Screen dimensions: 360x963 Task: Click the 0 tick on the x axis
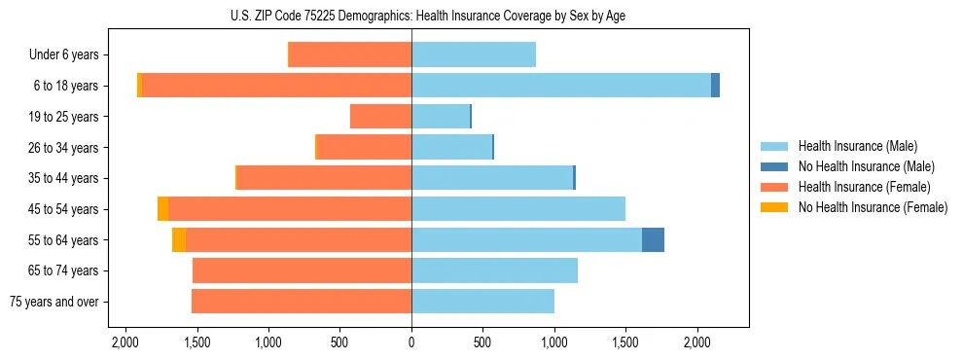click(x=411, y=343)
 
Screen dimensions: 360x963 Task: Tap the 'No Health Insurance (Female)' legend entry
click(x=872, y=207)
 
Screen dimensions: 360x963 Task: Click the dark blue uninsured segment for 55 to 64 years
click(x=653, y=239)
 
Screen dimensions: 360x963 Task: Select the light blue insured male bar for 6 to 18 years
click(x=561, y=86)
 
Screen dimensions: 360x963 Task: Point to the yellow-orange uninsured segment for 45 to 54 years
click(x=162, y=209)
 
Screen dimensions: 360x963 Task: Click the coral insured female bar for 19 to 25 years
click(x=380, y=117)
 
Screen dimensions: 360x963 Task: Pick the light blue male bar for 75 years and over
click(x=482, y=302)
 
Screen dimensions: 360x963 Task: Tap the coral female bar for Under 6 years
click(x=350, y=55)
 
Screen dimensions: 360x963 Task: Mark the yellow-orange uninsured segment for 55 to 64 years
click(x=179, y=239)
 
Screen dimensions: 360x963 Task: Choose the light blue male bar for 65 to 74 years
click(x=494, y=270)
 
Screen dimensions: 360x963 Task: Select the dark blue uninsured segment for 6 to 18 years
click(x=715, y=86)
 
